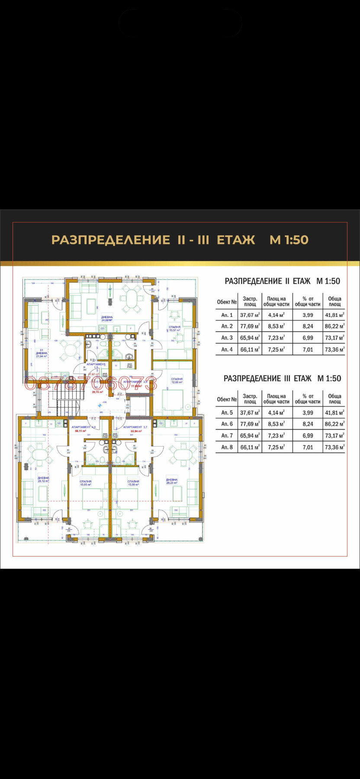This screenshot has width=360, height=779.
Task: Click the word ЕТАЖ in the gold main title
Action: click(x=236, y=240)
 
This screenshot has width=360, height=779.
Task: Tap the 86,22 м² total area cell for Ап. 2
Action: click(x=334, y=326)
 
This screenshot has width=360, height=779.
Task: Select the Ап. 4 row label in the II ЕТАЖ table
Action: click(x=227, y=349)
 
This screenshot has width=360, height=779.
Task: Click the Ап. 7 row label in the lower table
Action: click(x=227, y=435)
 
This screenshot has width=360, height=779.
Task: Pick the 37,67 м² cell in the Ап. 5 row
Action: click(x=250, y=412)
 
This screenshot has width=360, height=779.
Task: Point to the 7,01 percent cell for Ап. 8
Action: click(x=308, y=447)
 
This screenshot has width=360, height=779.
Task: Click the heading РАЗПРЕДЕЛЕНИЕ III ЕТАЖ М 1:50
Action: click(x=282, y=378)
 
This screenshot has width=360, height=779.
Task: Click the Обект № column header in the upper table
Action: click(x=227, y=302)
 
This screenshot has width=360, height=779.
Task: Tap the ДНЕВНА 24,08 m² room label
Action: click(x=107, y=319)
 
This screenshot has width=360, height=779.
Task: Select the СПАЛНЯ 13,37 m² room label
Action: click(x=175, y=328)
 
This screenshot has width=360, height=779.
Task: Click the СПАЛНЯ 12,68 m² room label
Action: click(x=177, y=380)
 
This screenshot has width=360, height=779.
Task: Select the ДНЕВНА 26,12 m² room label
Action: click(x=43, y=479)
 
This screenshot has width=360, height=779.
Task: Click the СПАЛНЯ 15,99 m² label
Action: click(x=133, y=483)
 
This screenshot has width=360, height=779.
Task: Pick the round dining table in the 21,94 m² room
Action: click(x=70, y=351)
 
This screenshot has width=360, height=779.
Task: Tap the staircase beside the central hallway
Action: click(x=65, y=396)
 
